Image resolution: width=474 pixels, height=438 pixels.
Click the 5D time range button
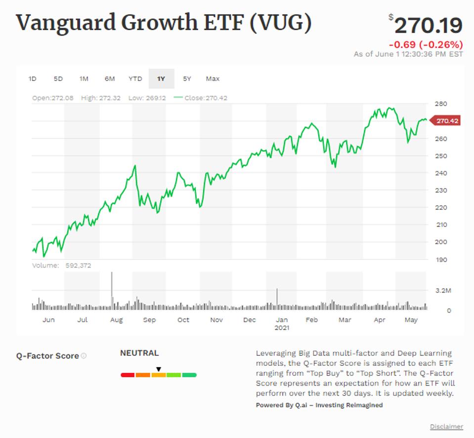tap(58, 79)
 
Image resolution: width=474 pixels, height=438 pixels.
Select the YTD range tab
tap(135, 79)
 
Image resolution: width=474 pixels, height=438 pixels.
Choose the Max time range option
tap(213, 79)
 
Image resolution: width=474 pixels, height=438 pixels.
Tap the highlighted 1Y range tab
tap(161, 79)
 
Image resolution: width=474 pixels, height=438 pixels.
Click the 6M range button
tap(110, 79)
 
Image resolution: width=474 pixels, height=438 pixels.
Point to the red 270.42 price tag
tap(446, 121)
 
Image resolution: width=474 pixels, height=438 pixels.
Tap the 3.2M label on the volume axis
tap(443, 291)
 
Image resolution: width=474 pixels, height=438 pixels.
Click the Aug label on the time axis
tap(116, 320)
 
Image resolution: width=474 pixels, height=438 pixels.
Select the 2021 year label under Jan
tap(282, 327)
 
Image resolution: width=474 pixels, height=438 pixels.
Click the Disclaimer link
tap(446, 427)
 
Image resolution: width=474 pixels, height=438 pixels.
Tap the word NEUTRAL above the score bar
tap(139, 353)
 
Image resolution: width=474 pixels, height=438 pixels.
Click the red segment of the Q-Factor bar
tap(128, 375)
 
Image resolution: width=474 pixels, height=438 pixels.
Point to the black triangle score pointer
tap(159, 369)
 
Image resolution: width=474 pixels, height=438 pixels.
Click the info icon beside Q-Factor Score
tap(84, 355)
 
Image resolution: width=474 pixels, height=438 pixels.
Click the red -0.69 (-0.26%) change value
tap(427, 44)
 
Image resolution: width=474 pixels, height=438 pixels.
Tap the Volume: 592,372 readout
tap(62, 265)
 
